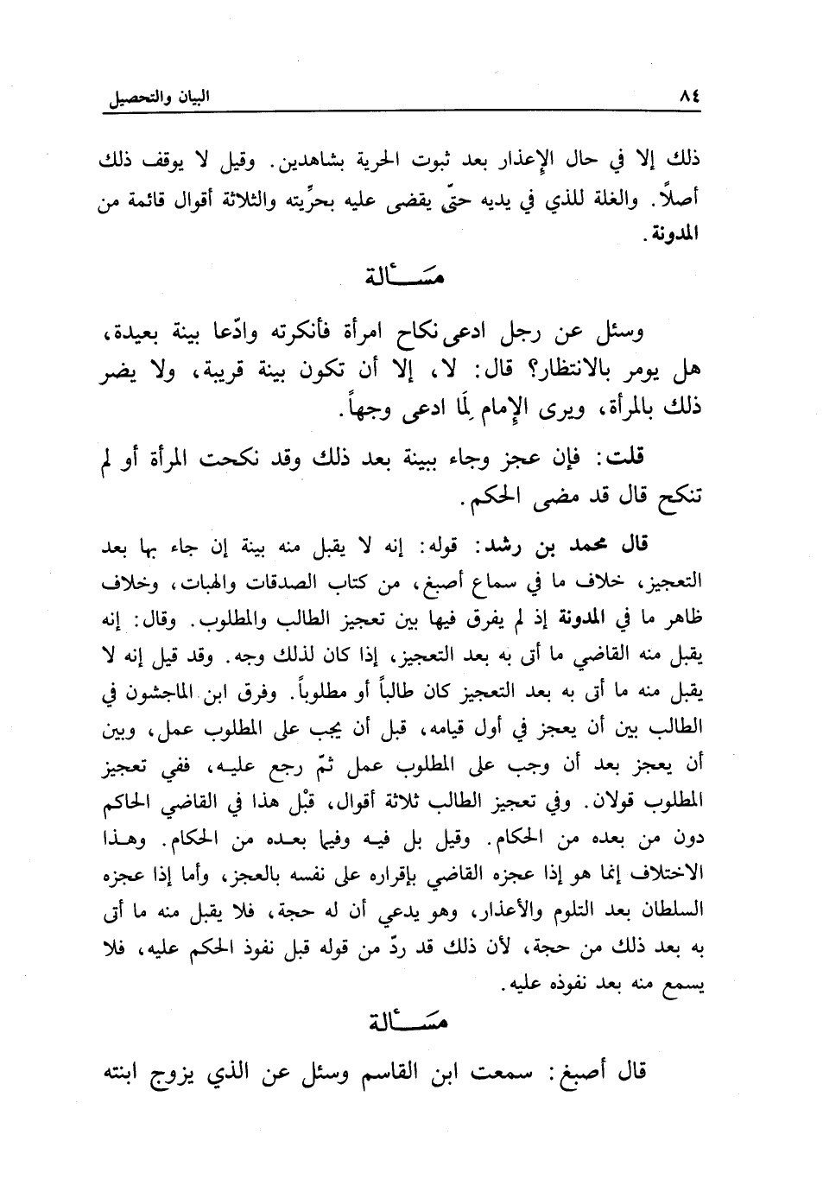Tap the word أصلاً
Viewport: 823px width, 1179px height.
681,201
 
